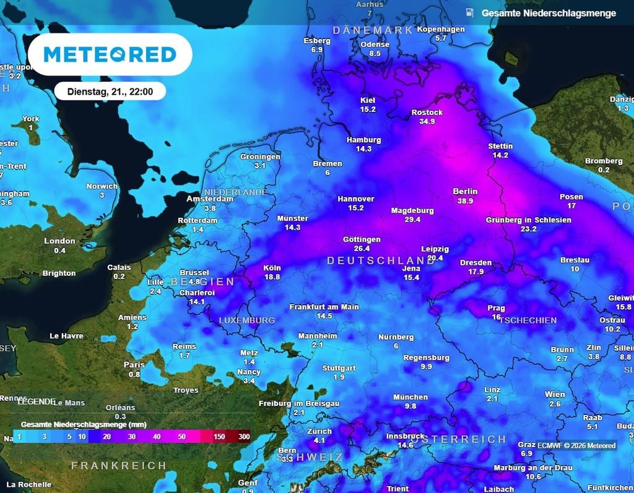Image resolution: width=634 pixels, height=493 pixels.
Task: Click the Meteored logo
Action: (110, 54)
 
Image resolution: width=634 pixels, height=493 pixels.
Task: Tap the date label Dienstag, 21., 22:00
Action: (110, 92)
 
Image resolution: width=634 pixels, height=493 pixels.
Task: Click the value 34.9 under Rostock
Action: (427, 122)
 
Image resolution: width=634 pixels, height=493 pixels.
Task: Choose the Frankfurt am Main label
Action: (324, 307)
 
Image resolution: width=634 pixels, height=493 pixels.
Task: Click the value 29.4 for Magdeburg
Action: (412, 220)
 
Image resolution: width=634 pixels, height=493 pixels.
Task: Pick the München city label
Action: (410, 397)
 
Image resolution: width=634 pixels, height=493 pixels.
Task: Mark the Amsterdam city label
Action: (210, 199)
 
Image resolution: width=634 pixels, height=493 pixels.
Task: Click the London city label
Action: (59, 241)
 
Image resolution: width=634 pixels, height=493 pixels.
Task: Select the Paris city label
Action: (134, 365)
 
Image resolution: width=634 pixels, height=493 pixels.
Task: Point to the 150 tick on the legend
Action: (219, 437)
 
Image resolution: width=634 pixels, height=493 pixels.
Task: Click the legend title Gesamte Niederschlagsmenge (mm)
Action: (74, 425)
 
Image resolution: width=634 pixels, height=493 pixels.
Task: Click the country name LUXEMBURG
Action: (246, 320)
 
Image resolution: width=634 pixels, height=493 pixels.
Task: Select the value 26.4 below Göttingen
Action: (362, 249)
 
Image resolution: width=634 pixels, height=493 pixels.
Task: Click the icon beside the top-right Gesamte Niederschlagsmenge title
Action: (469, 12)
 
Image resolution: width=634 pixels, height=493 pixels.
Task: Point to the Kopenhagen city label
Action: (441, 29)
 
